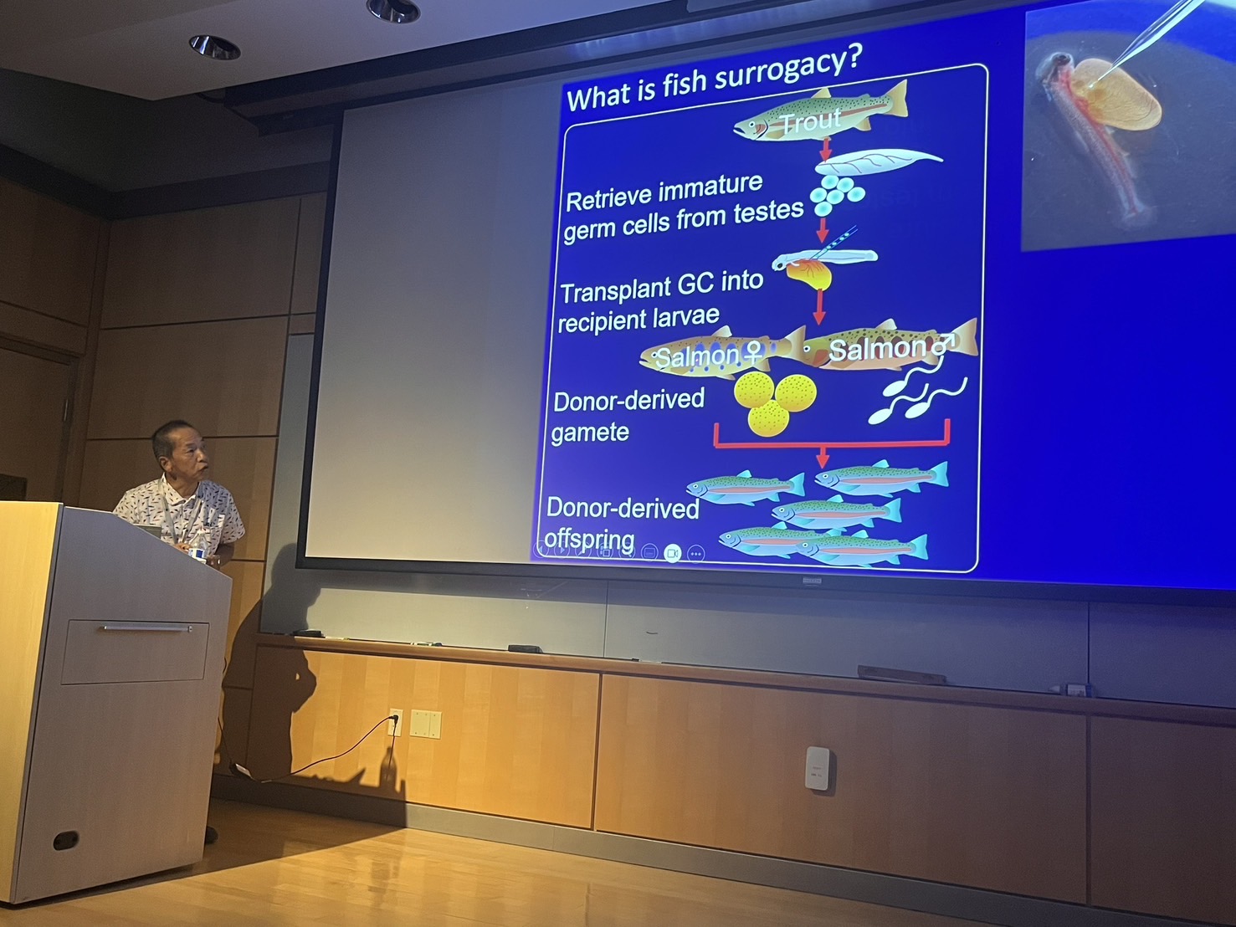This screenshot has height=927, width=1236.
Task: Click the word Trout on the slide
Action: (812, 120)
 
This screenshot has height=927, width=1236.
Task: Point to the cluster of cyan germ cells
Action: (836, 194)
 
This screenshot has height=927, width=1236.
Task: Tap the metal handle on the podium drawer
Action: (146, 627)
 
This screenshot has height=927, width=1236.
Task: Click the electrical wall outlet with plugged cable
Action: (396, 722)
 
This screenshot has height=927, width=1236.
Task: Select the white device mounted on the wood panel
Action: (817, 768)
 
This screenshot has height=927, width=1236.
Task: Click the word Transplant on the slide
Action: (614, 289)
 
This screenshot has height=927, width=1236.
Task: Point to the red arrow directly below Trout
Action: (825, 149)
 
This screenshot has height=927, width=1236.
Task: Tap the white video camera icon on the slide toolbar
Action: (672, 553)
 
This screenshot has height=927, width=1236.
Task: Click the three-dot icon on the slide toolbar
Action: (696, 554)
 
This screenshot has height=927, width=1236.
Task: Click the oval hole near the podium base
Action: (66, 840)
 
